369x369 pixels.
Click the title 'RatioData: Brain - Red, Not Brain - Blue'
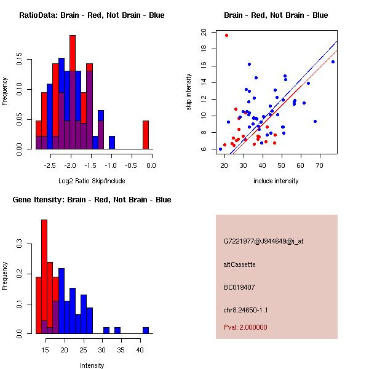91,15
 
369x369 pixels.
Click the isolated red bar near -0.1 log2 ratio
146,135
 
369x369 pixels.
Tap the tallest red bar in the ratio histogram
73,92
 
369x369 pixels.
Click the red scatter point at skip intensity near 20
226,35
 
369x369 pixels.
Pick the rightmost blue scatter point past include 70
333,61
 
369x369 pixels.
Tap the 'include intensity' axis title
276,181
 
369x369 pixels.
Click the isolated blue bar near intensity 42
146,330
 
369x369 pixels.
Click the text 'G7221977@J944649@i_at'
263,241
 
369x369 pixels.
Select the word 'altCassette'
239,264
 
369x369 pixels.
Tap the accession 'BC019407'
239,287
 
